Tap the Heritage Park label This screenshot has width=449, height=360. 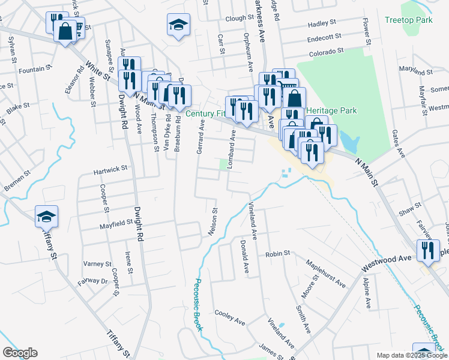[331, 111]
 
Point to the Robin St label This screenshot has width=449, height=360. [279, 254]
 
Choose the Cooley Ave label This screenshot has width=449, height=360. [231, 317]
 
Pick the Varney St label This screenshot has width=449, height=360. [97, 263]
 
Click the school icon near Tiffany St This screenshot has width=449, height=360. [46, 217]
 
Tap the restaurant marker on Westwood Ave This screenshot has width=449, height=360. [428, 250]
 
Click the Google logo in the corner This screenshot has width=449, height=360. [20, 353]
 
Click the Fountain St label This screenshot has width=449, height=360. [32, 70]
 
